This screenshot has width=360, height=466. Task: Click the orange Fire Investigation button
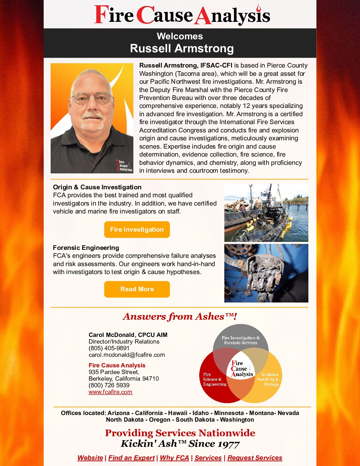tap(137, 229)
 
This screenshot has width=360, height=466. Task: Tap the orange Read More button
tap(137, 289)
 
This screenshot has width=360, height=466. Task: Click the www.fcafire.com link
tap(110, 392)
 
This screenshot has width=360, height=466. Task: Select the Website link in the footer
tap(90, 458)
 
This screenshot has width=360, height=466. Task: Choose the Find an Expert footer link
tap(131, 458)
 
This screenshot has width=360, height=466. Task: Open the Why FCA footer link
tap(174, 458)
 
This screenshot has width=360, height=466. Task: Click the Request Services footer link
tap(255, 458)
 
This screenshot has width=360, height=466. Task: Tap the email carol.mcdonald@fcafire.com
tap(127, 355)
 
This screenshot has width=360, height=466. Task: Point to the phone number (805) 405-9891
tap(109, 348)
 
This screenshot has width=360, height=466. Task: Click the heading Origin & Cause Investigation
tap(97, 187)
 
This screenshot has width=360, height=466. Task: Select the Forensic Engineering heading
tap(86, 248)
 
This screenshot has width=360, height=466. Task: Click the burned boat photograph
tap(266, 213)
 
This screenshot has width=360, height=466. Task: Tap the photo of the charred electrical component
tap(266, 273)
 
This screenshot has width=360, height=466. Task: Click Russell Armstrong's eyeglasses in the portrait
tap(92, 98)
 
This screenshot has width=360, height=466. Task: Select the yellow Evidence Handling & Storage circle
tap(270, 384)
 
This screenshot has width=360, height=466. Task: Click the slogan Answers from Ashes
tap(180, 317)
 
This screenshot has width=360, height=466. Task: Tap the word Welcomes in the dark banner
tap(180, 36)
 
